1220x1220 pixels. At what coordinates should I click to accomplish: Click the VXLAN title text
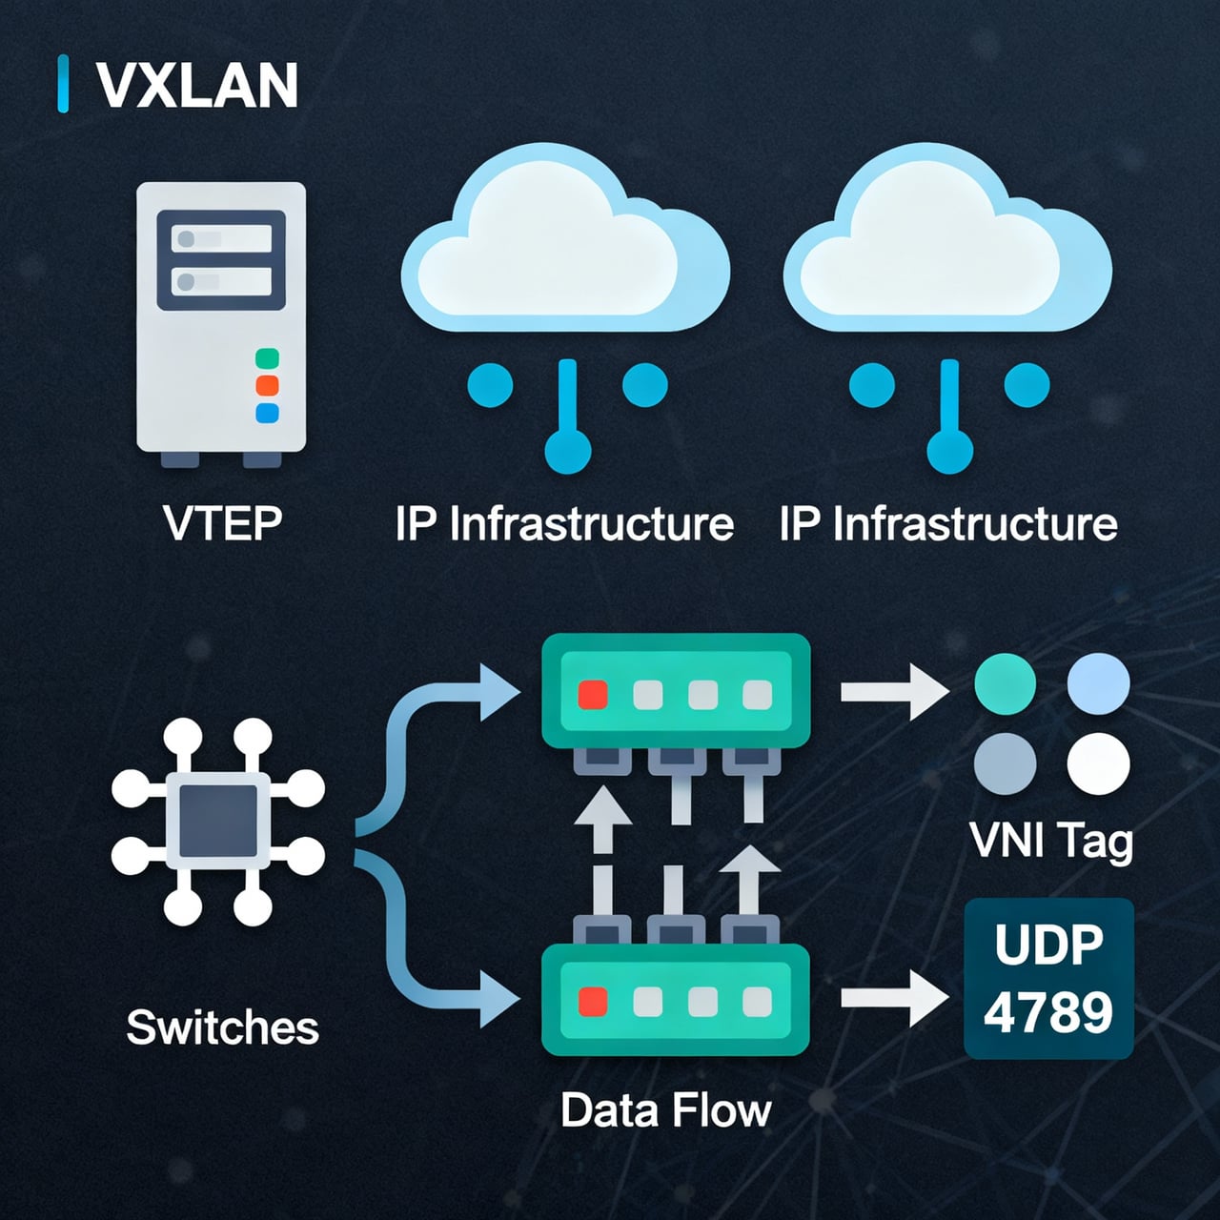click(197, 86)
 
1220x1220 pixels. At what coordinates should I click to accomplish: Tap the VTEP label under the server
click(222, 523)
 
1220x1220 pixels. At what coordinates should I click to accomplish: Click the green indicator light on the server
click(267, 358)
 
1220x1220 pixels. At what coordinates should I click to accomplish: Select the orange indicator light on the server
click(267, 386)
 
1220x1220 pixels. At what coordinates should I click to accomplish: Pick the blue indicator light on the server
click(267, 413)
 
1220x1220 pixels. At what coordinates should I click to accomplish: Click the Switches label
click(222, 1027)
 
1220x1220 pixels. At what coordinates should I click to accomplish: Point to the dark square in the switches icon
click(218, 823)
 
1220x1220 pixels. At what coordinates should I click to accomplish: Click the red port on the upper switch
click(593, 695)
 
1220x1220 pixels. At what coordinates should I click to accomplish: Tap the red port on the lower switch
click(593, 1002)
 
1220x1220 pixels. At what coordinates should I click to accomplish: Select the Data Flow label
click(665, 1110)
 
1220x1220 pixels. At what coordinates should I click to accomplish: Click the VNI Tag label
click(1051, 841)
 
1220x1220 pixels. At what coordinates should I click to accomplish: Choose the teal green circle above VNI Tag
click(1005, 683)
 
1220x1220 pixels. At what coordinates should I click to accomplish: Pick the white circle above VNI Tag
click(1098, 763)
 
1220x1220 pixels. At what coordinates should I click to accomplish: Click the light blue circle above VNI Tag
click(1098, 683)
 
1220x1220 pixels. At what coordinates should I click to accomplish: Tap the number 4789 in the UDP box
click(1048, 1012)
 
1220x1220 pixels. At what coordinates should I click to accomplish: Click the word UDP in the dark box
click(1048, 945)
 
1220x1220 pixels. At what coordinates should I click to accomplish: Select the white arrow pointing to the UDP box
click(894, 998)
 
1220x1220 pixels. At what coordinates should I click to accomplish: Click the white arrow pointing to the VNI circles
click(894, 691)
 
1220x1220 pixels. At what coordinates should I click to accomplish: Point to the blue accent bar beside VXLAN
click(63, 84)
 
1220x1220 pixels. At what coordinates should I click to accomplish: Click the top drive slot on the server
click(221, 238)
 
